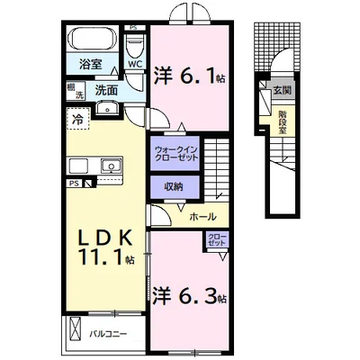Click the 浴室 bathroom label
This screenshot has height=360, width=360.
(x=91, y=64)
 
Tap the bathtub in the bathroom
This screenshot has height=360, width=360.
(x=92, y=39)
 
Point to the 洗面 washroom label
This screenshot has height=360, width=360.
(x=106, y=90)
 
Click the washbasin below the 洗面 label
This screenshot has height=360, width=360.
(x=108, y=108)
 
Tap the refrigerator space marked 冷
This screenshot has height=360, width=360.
(x=78, y=119)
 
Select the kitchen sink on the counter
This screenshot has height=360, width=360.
(x=111, y=166)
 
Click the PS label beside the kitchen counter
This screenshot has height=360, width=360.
(x=74, y=183)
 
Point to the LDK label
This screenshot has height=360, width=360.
(x=105, y=238)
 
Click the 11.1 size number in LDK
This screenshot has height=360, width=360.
(x=102, y=257)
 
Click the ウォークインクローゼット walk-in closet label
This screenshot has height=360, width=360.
(x=175, y=153)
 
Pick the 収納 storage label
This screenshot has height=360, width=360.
(x=174, y=187)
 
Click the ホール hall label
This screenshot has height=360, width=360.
(x=203, y=216)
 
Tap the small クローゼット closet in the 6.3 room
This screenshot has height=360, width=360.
(x=218, y=239)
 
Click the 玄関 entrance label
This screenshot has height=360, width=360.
(x=283, y=90)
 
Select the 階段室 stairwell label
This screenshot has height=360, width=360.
(x=282, y=122)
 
